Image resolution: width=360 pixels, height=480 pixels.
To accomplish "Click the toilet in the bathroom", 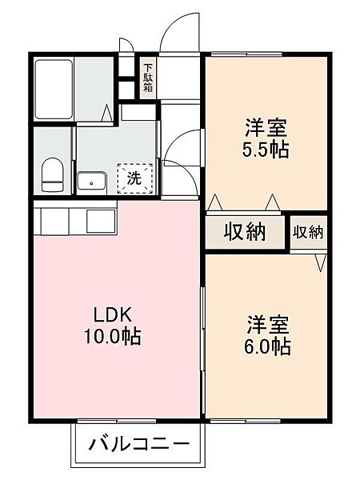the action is click(x=52, y=174).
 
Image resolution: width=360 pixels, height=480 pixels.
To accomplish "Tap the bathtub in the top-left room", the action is click(x=54, y=90).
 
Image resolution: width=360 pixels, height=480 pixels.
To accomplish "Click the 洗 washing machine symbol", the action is click(x=134, y=178).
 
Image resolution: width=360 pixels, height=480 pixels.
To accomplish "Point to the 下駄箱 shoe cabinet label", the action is click(x=149, y=78).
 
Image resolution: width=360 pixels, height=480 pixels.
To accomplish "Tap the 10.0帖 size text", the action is click(x=112, y=337).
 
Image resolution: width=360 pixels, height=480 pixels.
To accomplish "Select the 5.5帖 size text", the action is click(x=266, y=150).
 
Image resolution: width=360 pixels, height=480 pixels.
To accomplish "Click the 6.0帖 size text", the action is click(x=267, y=346).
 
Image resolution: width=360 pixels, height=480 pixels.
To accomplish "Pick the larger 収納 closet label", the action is click(x=245, y=232).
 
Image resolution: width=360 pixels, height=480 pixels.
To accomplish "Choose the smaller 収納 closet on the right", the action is click(x=308, y=233).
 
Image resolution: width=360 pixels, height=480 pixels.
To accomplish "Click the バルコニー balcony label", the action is click(x=139, y=444).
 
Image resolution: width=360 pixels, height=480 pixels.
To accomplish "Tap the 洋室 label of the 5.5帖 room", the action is click(x=266, y=128).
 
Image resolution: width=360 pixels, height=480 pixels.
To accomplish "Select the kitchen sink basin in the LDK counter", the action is click(x=102, y=221).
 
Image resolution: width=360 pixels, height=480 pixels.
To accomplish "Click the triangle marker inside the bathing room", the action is click(x=107, y=114).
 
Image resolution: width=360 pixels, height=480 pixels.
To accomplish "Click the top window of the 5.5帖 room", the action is click(x=246, y=54).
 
